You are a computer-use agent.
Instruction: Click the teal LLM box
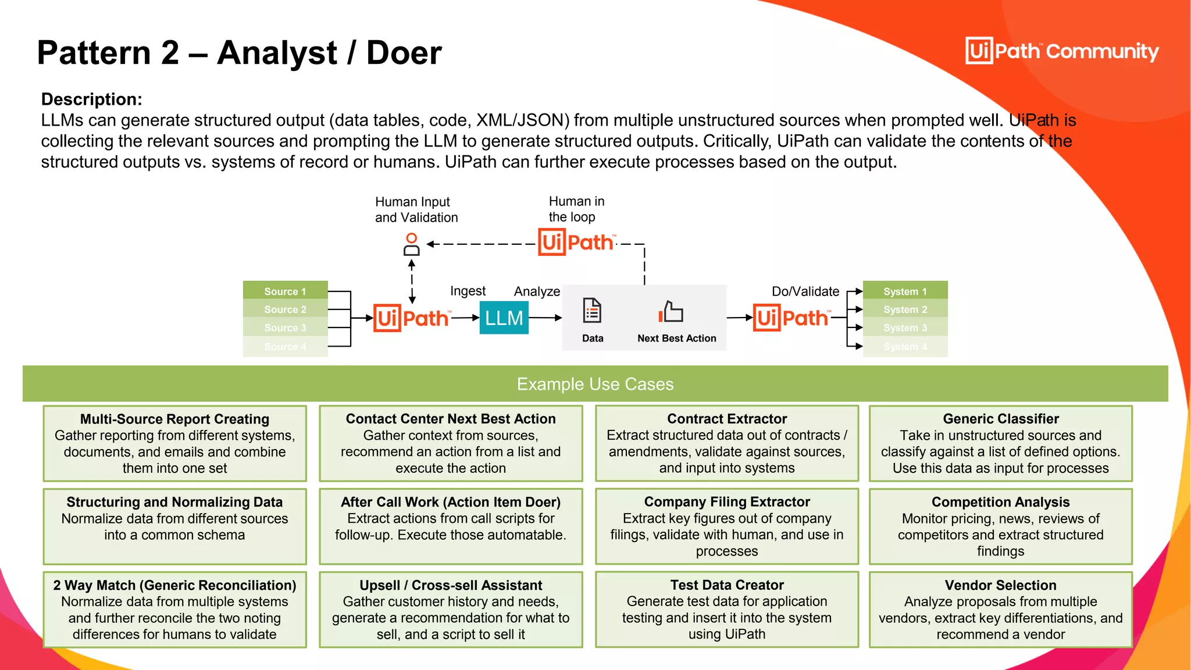tap(504, 318)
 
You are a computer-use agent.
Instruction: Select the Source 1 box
tap(285, 291)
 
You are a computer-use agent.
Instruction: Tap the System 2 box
tap(905, 309)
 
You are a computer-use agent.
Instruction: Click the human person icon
tap(411, 244)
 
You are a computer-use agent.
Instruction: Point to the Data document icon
tap(592, 311)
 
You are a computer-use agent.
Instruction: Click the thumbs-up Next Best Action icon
tap(671, 312)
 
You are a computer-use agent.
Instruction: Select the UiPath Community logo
tap(1062, 51)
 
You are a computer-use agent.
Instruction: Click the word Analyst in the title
tap(277, 53)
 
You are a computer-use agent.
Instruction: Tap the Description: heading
tap(91, 99)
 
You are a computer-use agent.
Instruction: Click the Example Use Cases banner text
tap(595, 384)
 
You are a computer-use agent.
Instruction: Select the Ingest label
tap(468, 291)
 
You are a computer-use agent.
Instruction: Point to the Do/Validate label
tap(805, 291)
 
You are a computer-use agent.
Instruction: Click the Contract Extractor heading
tap(726, 419)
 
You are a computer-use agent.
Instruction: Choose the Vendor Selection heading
tap(1000, 585)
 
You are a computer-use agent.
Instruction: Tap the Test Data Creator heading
tap(726, 585)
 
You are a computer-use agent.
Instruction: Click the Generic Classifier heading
tap(1000, 419)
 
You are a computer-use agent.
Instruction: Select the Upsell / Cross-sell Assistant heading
tap(451, 585)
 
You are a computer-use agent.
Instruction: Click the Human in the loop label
tap(576, 209)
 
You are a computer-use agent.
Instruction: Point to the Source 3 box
tap(285, 327)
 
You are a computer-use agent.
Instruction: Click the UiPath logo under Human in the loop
tap(576, 242)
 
